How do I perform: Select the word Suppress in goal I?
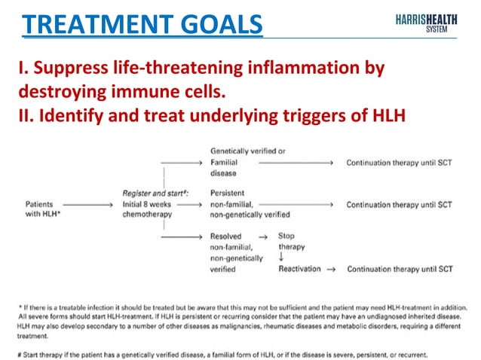(67, 69)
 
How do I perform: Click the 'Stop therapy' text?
(291, 241)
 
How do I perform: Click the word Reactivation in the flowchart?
(299, 268)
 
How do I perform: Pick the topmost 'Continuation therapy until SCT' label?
(398, 162)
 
